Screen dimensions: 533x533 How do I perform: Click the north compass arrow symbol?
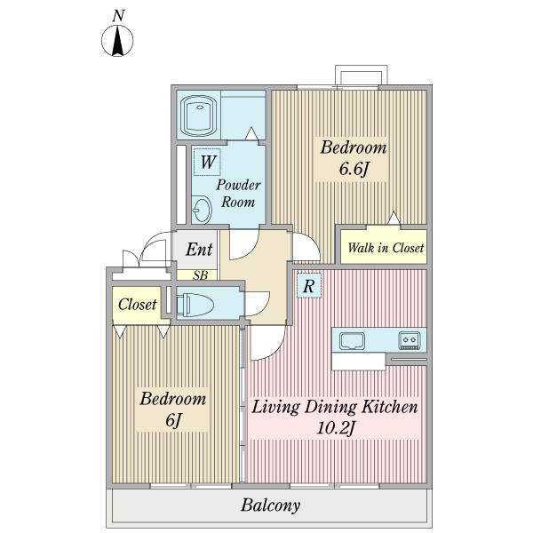pyautogui.click(x=117, y=41)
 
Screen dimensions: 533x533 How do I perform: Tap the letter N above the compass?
pyautogui.click(x=118, y=16)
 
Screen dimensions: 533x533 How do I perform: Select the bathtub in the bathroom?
pyautogui.click(x=198, y=115)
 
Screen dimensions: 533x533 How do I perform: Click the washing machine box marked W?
pyautogui.click(x=207, y=162)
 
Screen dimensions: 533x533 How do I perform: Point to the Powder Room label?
pyautogui.click(x=238, y=193)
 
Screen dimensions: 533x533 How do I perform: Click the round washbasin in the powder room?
pyautogui.click(x=202, y=210)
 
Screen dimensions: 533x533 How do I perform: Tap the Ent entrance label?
pyautogui.click(x=199, y=250)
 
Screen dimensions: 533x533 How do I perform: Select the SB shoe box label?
pyautogui.click(x=200, y=274)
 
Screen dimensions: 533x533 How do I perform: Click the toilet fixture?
pyautogui.click(x=195, y=304)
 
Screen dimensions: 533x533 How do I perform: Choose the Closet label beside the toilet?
pyautogui.click(x=138, y=304)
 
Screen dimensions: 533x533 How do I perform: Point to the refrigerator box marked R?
pyautogui.click(x=308, y=285)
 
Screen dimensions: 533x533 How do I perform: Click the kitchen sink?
pyautogui.click(x=352, y=340)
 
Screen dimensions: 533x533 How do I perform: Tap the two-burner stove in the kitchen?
pyautogui.click(x=409, y=340)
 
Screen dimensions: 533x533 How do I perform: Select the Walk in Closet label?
pyautogui.click(x=386, y=248)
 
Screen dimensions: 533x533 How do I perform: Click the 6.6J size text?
pyautogui.click(x=354, y=169)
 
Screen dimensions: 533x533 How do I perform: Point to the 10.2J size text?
pyautogui.click(x=335, y=427)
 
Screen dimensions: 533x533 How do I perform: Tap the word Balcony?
pyautogui.click(x=271, y=505)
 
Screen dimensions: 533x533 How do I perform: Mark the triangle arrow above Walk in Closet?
pyautogui.click(x=394, y=218)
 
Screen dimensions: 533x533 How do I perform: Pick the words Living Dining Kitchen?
pyautogui.click(x=335, y=407)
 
